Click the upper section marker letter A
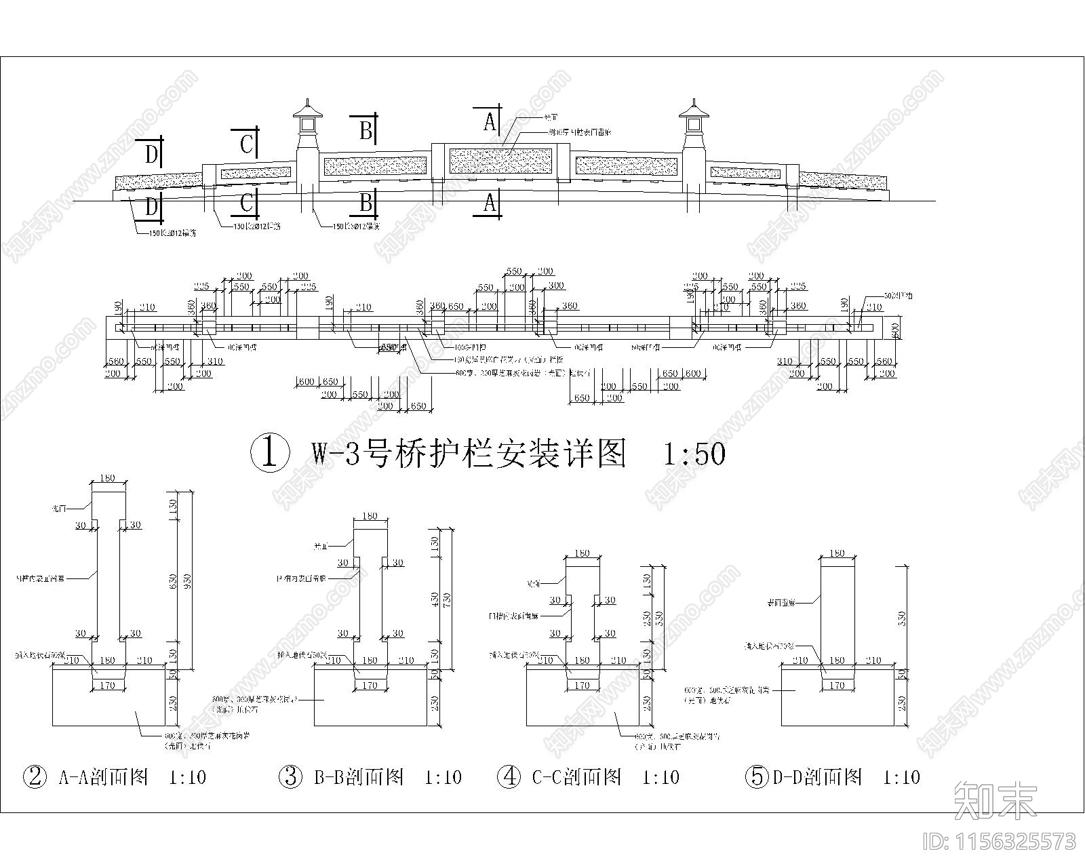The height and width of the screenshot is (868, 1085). tap(490, 121)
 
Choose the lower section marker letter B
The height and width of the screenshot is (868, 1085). tap(366, 202)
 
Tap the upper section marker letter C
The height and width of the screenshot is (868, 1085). tap(247, 144)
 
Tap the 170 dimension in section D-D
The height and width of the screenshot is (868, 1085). tap(837, 686)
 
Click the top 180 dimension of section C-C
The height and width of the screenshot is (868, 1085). tap(582, 553)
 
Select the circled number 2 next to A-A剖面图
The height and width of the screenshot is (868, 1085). tap(35, 776)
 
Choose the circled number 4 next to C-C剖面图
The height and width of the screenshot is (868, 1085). tap(509, 776)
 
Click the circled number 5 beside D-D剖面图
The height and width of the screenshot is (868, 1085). tap(757, 776)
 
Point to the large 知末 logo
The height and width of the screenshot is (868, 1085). tap(995, 800)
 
